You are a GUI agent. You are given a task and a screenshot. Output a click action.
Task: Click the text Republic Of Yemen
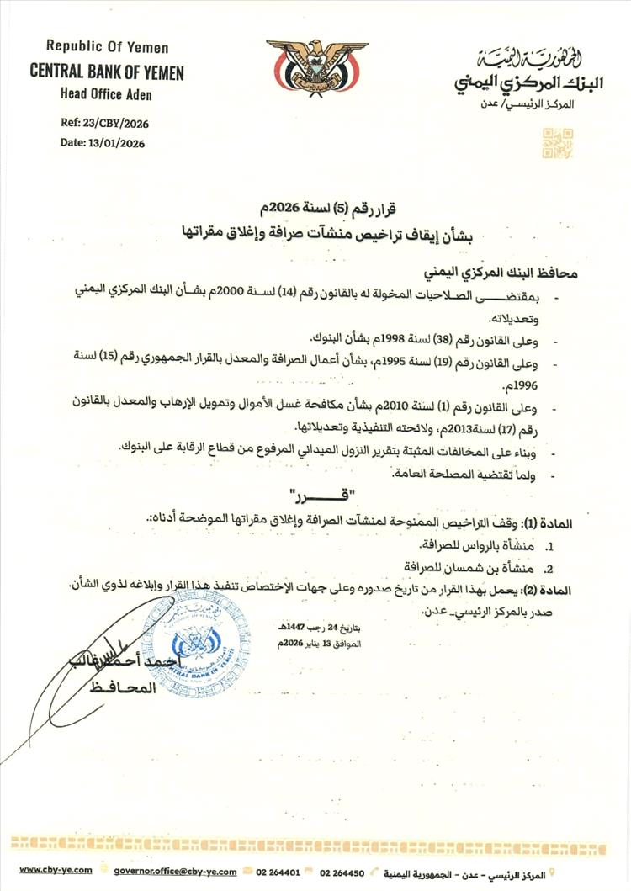107,48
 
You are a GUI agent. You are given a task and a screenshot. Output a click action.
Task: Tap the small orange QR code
557,143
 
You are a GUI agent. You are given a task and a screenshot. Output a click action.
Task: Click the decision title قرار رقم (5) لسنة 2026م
314,208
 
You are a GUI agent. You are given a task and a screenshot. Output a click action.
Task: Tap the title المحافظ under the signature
127,687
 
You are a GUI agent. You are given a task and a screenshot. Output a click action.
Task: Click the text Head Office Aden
106,94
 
